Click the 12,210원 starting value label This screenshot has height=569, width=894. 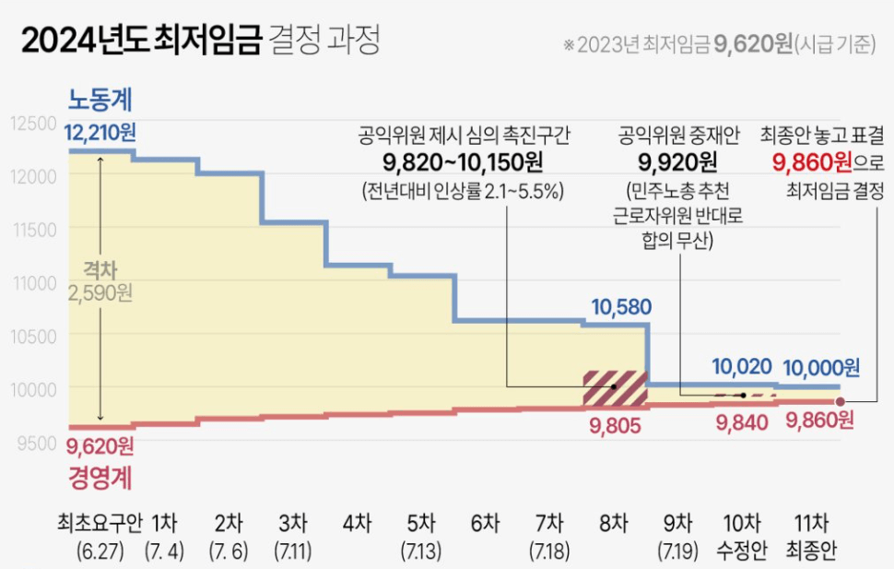point(100,136)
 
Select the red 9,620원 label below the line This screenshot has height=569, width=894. point(100,447)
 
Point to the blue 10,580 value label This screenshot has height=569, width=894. point(617,306)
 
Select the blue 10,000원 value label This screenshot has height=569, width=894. point(821,368)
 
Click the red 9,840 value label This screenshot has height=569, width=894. point(743,421)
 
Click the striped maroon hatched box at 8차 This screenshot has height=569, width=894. point(615,387)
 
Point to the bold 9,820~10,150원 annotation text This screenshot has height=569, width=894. point(463,163)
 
